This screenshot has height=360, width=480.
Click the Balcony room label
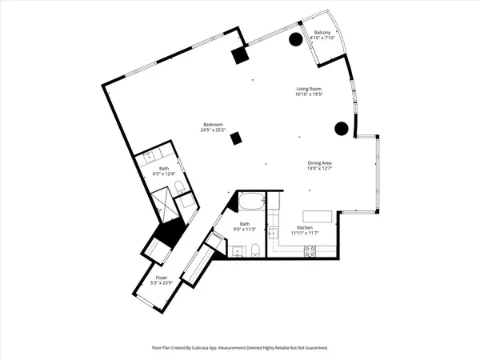(x=322, y=33)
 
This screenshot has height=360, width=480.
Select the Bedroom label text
(x=213, y=124)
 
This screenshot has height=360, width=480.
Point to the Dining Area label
(x=319, y=163)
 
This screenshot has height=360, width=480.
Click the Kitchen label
(x=309, y=228)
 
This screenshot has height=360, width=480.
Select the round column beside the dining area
(x=340, y=127)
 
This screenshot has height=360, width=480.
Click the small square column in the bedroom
(x=235, y=138)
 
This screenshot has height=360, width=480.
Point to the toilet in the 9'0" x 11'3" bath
(x=254, y=251)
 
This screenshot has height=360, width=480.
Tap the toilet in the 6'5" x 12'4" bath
(x=179, y=187)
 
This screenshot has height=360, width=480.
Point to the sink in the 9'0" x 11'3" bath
(x=237, y=252)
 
